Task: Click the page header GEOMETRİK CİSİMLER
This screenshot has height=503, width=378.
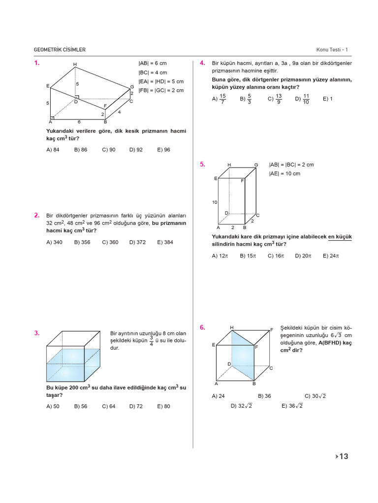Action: coord(60,50)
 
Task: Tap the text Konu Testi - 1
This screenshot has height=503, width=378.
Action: coord(332,50)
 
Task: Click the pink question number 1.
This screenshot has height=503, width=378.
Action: coord(37,63)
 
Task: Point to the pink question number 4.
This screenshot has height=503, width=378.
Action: coord(202,63)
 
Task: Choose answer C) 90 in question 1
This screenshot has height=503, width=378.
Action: coord(109,150)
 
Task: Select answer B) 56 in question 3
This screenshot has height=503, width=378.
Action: coord(81,406)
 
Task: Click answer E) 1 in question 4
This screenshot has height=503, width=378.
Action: coord(328,99)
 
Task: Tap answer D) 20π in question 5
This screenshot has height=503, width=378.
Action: coord(304,256)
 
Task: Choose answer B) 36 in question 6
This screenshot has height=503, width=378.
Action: coord(264,395)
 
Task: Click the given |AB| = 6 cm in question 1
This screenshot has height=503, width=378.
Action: coord(153,64)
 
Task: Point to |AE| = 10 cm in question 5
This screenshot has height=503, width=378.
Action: coord(284,174)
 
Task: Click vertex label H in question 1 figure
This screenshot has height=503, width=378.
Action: coord(75,64)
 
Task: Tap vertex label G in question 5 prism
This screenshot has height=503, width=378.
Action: coord(256,165)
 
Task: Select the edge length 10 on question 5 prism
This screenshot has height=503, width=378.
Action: coord(215,202)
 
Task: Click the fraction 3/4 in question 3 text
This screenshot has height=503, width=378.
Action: coord(151,341)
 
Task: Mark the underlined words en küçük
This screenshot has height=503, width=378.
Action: coord(340,237)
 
